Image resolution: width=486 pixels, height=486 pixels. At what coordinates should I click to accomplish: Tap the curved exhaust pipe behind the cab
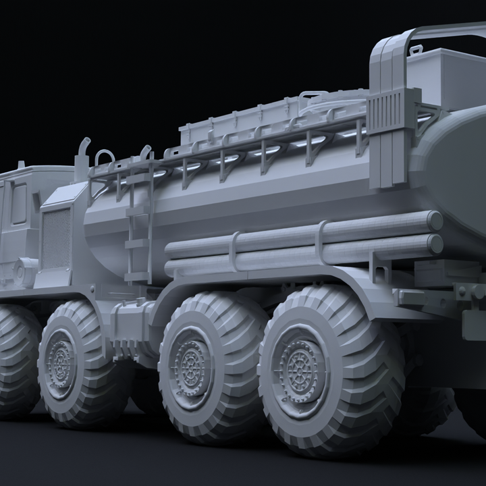tap(82, 154)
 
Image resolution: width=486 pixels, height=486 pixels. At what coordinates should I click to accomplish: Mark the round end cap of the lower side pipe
tap(435, 244)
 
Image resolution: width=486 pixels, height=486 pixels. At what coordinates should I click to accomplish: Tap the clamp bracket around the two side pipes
tap(234, 250)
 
